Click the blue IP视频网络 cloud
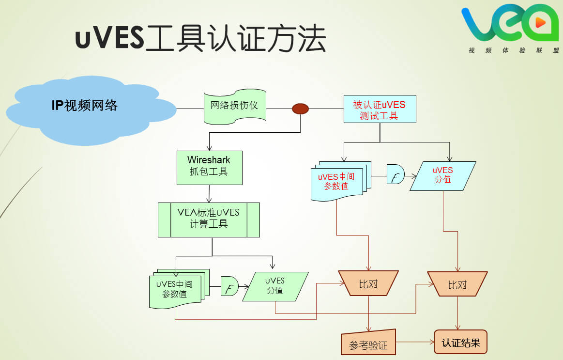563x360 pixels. pyautogui.click(x=85, y=109)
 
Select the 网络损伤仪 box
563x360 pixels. pyautogui.click(x=235, y=106)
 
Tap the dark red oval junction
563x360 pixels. pyautogui.click(x=300, y=109)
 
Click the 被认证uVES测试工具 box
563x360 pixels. pyautogui.click(x=380, y=110)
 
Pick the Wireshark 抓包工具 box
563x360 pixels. pyautogui.click(x=209, y=168)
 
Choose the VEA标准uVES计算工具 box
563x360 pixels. pyautogui.click(x=209, y=219)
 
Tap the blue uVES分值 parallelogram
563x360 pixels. pyautogui.click(x=442, y=176)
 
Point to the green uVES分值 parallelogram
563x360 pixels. pyautogui.click(x=275, y=286)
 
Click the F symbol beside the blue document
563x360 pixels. pyautogui.click(x=395, y=174)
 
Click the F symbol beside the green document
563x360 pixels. pyautogui.click(x=229, y=286)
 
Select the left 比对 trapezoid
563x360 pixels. pyautogui.click(x=368, y=283)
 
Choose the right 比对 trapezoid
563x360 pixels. pyautogui.click(x=457, y=284)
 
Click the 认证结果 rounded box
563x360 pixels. pyautogui.click(x=460, y=342)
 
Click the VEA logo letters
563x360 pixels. pyautogui.click(x=508, y=24)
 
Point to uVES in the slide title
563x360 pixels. pyautogui.click(x=109, y=39)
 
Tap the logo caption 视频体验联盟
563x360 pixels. pyautogui.click(x=513, y=50)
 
